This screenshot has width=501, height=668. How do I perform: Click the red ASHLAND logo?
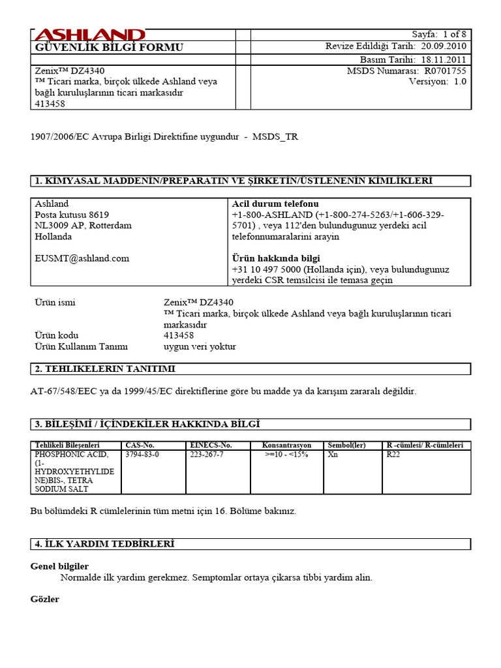(x=89, y=35)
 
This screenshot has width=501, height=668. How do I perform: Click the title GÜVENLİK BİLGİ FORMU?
(x=109, y=48)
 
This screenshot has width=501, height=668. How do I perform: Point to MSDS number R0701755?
(x=445, y=70)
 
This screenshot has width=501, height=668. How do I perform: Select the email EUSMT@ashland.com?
(x=82, y=258)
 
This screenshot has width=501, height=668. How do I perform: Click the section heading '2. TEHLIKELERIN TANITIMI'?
(x=105, y=369)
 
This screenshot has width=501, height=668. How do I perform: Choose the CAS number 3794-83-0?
(x=142, y=454)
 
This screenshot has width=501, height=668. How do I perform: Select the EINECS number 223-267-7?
(x=206, y=454)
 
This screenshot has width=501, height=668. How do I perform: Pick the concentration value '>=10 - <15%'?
(x=286, y=454)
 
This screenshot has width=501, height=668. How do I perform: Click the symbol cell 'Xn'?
(x=333, y=454)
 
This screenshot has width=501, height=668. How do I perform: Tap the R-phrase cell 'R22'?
(x=394, y=454)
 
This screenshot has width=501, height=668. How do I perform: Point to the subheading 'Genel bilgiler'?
(x=59, y=566)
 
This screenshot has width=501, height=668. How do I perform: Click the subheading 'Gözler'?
(x=45, y=598)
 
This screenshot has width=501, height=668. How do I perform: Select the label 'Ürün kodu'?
(x=56, y=335)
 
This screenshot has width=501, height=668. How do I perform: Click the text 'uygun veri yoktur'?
(x=200, y=346)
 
